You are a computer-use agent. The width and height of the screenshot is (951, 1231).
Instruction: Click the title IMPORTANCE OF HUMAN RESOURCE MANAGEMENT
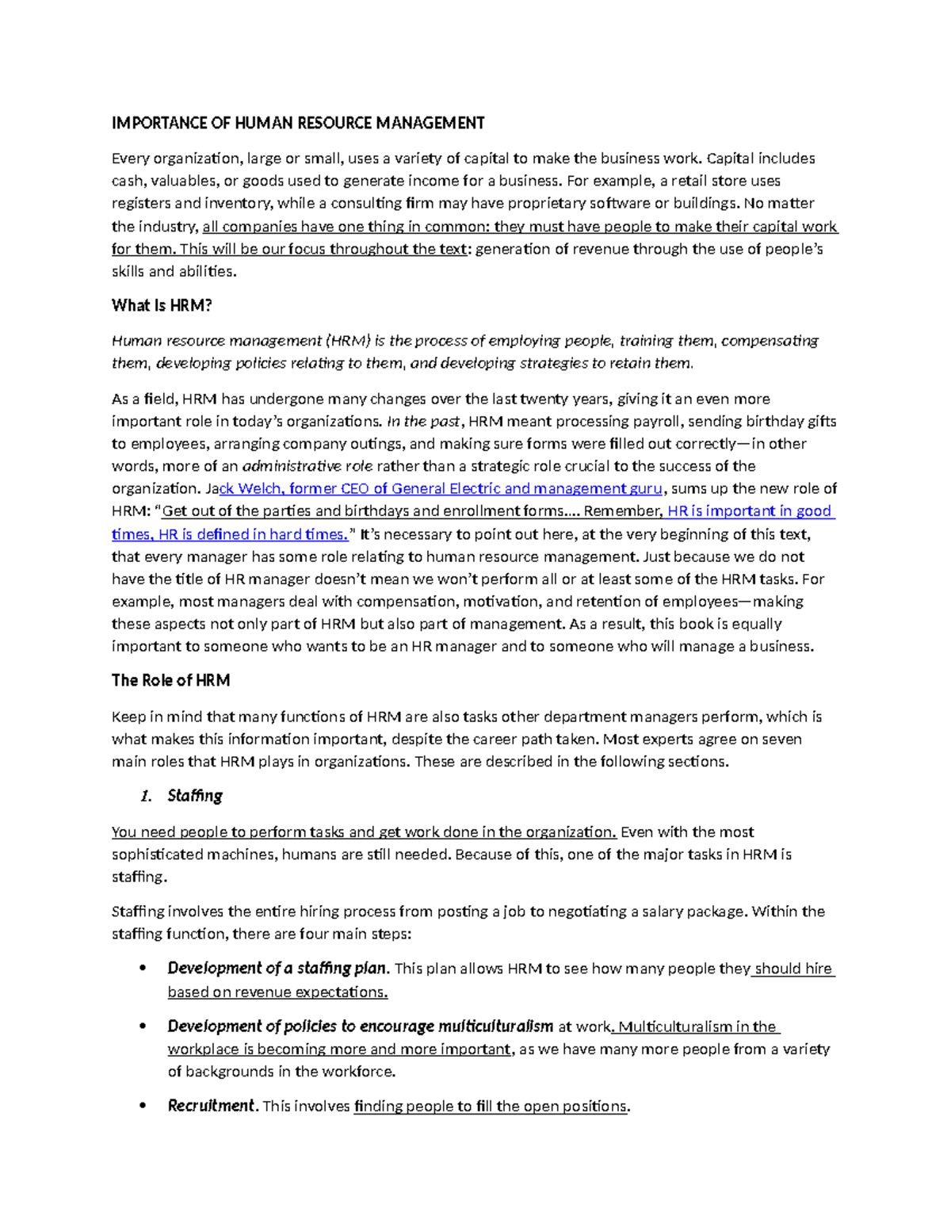[298, 123]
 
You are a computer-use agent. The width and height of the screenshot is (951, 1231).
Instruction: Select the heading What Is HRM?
[162, 305]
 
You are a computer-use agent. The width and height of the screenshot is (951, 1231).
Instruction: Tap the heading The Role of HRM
[170, 680]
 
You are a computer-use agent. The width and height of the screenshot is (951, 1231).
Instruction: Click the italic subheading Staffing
[195, 795]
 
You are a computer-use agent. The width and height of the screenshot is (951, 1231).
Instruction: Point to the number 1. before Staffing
[145, 796]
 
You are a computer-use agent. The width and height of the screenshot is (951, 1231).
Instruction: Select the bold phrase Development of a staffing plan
[277, 968]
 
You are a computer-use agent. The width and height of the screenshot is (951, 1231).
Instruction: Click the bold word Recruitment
[212, 1106]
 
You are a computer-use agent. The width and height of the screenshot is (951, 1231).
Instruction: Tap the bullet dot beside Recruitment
[143, 1106]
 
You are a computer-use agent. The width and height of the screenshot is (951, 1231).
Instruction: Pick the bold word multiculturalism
[491, 1026]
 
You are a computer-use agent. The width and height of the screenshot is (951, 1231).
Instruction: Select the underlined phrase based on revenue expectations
[277, 992]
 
